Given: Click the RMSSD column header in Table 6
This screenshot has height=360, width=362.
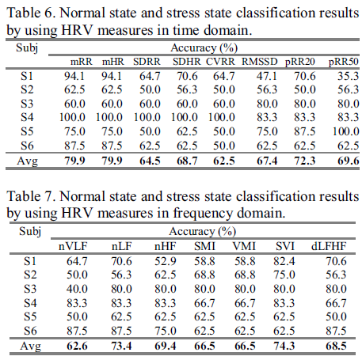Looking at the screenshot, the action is tap(260, 62).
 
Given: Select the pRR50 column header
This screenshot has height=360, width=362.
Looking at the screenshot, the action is tap(343, 62).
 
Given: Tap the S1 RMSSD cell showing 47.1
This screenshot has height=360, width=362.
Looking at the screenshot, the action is tap(267, 76).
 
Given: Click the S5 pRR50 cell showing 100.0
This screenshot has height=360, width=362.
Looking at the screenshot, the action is tap(345, 131).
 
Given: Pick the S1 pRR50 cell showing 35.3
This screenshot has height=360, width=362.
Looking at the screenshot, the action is tap(348, 76).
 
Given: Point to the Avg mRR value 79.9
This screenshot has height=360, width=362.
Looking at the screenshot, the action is tap(74, 161).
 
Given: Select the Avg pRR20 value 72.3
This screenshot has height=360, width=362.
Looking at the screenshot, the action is tap(305, 161).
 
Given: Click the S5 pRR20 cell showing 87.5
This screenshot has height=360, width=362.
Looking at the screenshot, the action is tap(305, 131).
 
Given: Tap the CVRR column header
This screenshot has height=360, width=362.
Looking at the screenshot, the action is tap(220, 62).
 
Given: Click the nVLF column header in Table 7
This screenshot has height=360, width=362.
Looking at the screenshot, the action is tap(73, 246).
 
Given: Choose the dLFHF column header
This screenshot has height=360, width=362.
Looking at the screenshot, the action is tap(329, 246).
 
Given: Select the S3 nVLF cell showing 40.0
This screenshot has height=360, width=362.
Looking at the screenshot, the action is tap(77, 289).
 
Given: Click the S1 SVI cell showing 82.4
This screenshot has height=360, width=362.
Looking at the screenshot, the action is tap(284, 261).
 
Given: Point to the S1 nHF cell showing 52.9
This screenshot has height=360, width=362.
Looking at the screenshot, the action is tap(166, 261).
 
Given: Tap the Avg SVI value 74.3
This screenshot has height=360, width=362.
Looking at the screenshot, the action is tap(284, 346).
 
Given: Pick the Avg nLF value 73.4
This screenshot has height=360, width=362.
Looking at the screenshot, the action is tap(121, 346).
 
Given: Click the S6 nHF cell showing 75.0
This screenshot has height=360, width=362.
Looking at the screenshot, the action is tap(166, 331).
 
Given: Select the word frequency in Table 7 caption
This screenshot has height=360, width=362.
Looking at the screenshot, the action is tap(203, 213).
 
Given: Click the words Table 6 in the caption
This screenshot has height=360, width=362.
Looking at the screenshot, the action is tap(31, 13).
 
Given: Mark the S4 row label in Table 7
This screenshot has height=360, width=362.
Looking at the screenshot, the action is tap(30, 303).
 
